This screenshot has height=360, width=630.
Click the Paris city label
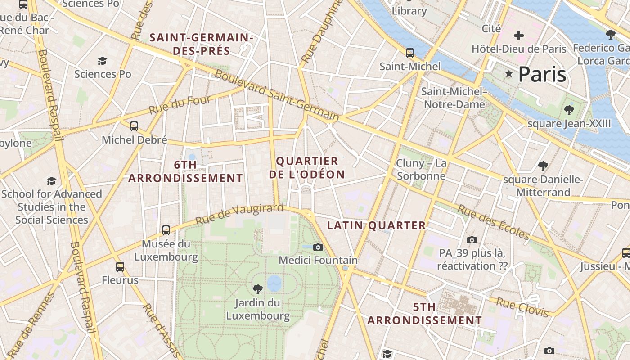542,74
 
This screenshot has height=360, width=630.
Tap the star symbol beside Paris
509,74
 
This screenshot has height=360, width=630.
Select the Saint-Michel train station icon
409,53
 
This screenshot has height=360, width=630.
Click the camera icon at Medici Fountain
318,247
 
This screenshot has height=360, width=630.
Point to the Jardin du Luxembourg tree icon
258,289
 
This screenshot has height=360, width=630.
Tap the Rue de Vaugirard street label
239,214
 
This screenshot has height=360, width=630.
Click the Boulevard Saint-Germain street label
276,95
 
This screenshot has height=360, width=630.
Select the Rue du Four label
180,105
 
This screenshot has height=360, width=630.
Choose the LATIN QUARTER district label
376,225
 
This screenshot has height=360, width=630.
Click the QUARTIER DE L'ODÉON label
307,168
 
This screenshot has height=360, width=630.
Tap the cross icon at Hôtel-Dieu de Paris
519,35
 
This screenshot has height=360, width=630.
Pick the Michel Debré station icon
134,126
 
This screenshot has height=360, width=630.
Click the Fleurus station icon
120,267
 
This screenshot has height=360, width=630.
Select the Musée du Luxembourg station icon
166,230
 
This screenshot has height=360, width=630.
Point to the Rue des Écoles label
494,222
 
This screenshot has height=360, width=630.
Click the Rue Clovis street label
522,307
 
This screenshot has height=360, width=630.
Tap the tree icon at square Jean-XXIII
569,110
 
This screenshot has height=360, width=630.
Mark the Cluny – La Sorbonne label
421,169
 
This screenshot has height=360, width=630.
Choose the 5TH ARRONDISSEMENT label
424,314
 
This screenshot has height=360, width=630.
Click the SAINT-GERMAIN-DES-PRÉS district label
202,44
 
